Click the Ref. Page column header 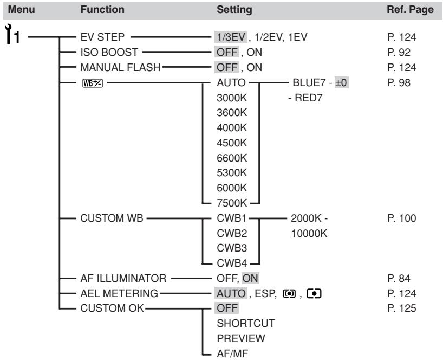410,10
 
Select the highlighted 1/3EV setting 231,37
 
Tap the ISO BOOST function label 109,52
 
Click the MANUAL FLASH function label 120,68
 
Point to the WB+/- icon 93,83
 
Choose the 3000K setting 232,98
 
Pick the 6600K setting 232,158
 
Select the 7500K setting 232,203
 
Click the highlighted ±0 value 341,82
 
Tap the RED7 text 308,98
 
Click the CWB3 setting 232,248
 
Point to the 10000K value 309,233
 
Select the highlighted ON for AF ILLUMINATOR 250,278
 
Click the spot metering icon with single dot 314,294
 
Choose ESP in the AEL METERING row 265,293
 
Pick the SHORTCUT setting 245,323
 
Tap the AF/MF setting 232,353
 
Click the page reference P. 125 402,308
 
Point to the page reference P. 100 402,218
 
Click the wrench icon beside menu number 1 9,34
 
